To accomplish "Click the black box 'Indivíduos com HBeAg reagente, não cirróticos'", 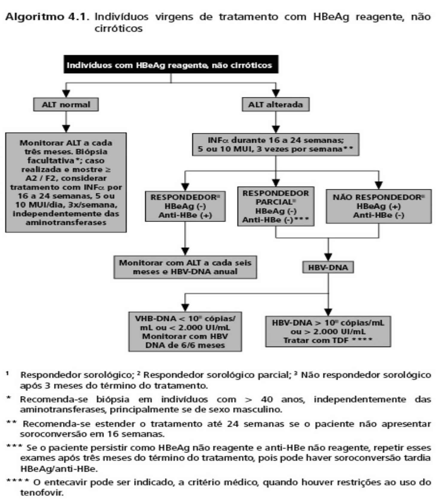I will pos(171,64).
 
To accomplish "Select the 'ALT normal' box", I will pos(66,105).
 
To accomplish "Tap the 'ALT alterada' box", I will pos(275,105).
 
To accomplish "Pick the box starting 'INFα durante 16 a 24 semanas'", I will pos(275,144).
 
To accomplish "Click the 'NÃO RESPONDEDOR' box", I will pos(379,206).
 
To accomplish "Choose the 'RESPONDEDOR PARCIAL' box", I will pos(275,206).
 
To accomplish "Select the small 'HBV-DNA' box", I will pos(328,267).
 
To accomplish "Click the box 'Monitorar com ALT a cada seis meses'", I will pos(185,267).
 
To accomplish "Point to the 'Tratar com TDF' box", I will pos(328,331).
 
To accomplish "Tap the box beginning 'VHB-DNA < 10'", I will pos(185,332).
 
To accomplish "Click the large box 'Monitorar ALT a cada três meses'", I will pos(66,182).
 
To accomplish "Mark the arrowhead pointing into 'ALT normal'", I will pos(66,94).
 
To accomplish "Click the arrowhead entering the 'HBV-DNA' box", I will pos(328,257).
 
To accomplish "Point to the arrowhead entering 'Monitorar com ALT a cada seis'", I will pos(185,251).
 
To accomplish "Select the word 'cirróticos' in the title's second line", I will pos(118,28).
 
